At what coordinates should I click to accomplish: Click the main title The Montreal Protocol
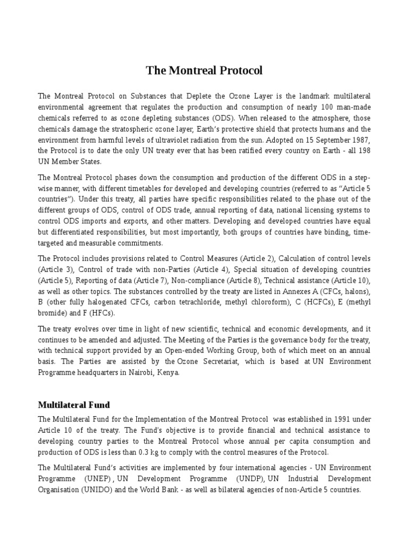(x=204, y=70)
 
